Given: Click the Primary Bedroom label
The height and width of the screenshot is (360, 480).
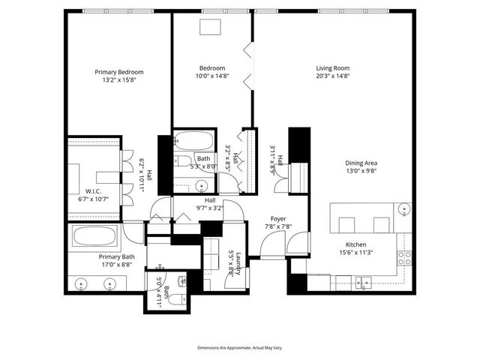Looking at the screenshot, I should (x=118, y=72).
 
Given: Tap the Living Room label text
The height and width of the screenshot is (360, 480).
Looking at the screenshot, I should (x=333, y=67).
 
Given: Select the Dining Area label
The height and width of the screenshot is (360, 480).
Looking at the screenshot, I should (x=361, y=163).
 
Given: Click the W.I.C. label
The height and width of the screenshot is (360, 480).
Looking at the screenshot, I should (x=93, y=190).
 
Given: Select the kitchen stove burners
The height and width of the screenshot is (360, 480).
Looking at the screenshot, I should (x=404, y=259).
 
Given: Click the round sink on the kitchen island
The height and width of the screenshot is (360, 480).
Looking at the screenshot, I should (x=404, y=209).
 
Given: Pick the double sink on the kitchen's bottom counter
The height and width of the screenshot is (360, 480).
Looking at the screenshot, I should (x=364, y=282).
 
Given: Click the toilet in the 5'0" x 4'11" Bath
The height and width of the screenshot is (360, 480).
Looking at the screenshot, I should (x=174, y=299).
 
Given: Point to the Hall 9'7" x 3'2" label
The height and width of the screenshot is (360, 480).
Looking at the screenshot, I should (x=209, y=205).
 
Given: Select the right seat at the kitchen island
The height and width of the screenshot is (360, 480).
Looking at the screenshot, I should (x=381, y=224).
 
